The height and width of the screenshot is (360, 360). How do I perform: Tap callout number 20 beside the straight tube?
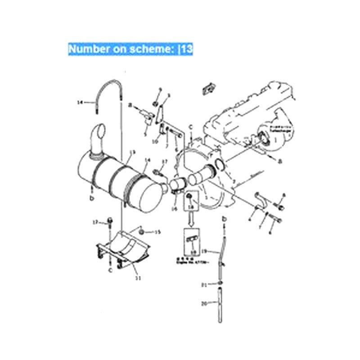point(203,304)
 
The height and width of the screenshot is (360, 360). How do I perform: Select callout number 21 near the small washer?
point(203,284)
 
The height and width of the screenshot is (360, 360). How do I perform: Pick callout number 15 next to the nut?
point(157,232)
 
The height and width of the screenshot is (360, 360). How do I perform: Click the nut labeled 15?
point(142,231)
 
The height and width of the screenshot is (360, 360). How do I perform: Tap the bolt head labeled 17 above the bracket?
point(109,221)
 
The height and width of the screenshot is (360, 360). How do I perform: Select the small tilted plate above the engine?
point(207,88)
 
